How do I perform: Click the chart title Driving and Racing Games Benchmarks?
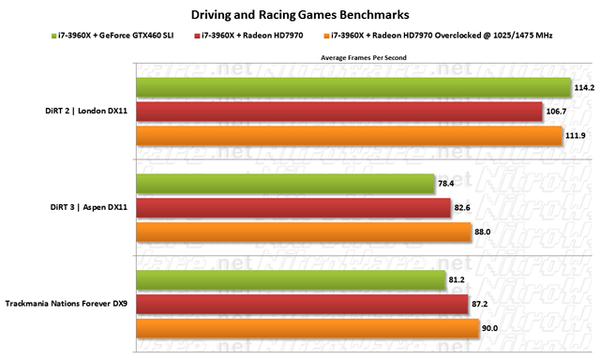pyautogui.click(x=300, y=15)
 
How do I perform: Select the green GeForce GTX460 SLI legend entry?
pyautogui.click(x=112, y=36)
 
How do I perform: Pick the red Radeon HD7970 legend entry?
pyautogui.click(x=248, y=36)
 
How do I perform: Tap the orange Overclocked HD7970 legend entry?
pyautogui.click(x=438, y=36)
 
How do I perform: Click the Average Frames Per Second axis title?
pyautogui.click(x=364, y=58)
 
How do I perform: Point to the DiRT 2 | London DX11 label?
pyautogui.click(x=86, y=111)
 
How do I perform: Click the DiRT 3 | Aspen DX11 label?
pyautogui.click(x=89, y=207)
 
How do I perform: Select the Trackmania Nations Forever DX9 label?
pyautogui.click(x=67, y=304)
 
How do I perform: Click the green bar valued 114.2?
pyautogui.click(x=353, y=87)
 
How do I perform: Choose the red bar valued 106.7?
pyautogui.click(x=339, y=112)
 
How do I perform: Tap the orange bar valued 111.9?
pyautogui.click(x=350, y=136)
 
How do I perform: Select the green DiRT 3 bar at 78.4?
pyautogui.click(x=285, y=184)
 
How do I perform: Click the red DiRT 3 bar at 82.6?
pyautogui.click(x=293, y=208)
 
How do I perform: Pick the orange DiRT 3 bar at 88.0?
pyautogui.click(x=304, y=232)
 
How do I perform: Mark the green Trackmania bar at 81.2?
pyautogui.click(x=291, y=280)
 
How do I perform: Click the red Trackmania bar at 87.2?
pyautogui.click(x=302, y=304)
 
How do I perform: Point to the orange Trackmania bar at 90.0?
pyautogui.click(x=307, y=328)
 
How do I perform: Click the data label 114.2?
pyautogui.click(x=584, y=88)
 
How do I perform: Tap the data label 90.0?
pyautogui.click(x=489, y=328)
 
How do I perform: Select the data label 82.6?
pyautogui.click(x=462, y=208)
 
